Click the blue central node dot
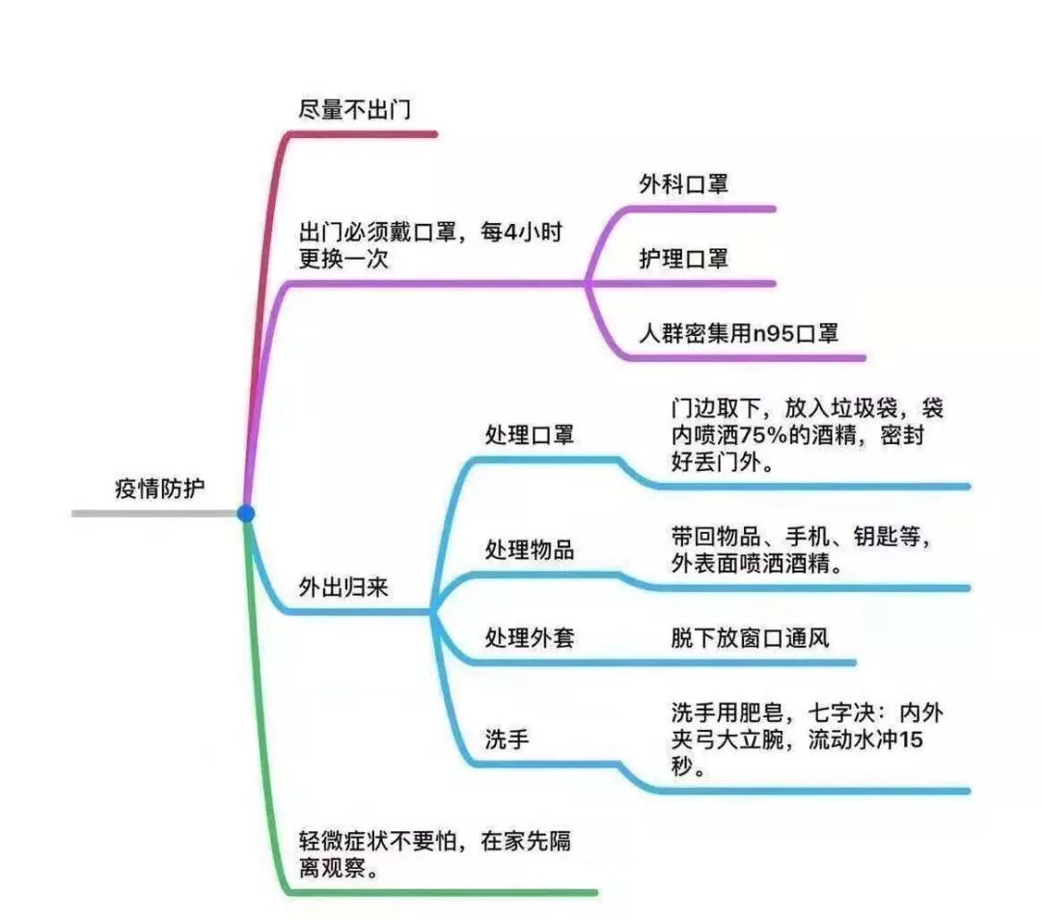point(246,514)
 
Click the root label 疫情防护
point(160,488)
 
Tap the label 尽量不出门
point(354,110)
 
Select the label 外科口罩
point(683,184)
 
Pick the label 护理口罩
point(683,259)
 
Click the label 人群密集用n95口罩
point(739,334)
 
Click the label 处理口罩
point(529,435)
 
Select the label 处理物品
point(529,550)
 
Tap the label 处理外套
point(529,638)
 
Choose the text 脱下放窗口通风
point(751,638)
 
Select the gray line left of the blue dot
point(154,514)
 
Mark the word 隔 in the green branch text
point(559,841)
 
